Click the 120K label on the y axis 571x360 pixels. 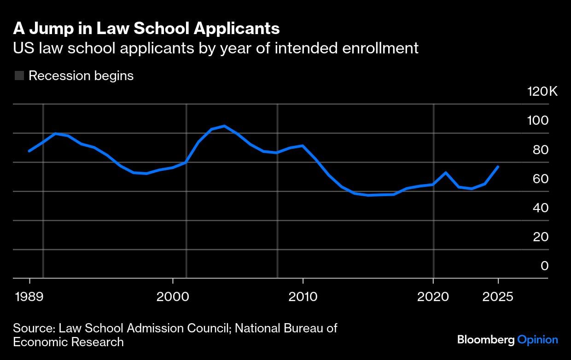(542, 91)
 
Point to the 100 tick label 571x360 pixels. (538, 121)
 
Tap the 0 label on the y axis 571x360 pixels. (544, 266)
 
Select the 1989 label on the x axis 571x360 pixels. (29, 296)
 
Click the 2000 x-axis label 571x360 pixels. (172, 296)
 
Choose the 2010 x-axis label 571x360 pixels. (303, 296)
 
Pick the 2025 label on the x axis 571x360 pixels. (498, 296)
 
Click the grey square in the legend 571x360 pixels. (19, 75)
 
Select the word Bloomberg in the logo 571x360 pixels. (485, 340)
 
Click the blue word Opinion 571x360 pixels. (537, 340)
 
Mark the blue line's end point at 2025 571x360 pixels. (498, 167)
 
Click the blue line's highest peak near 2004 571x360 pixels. (224, 126)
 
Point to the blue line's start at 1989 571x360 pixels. (29, 151)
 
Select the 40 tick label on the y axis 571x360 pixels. (538, 208)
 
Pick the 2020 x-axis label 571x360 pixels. (433, 296)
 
